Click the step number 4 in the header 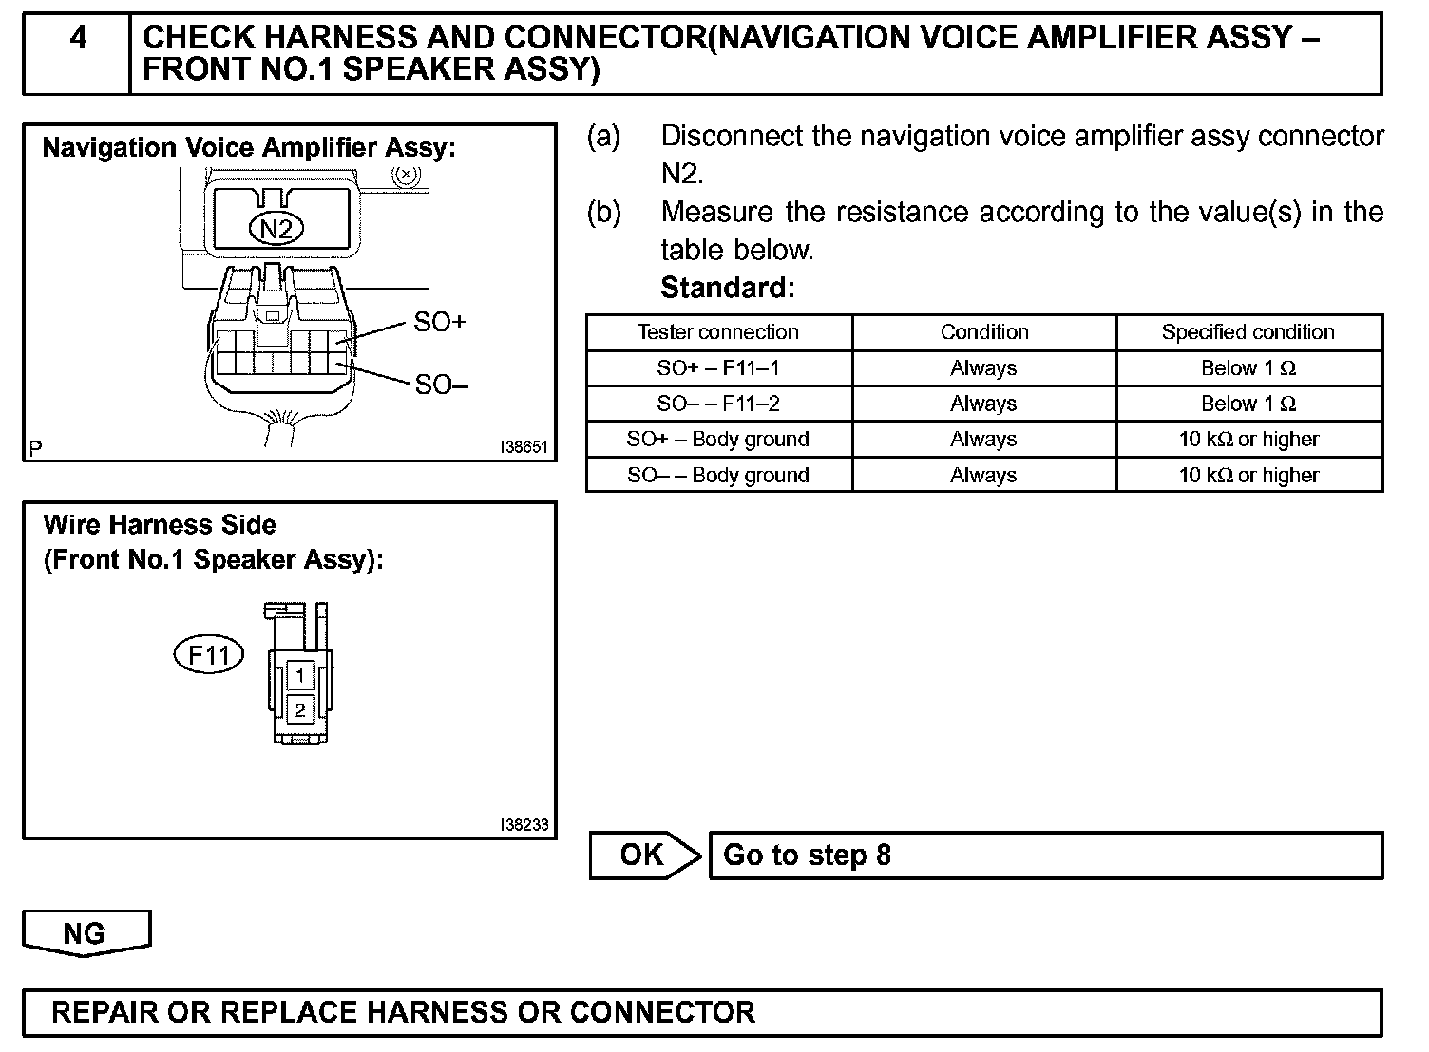(x=78, y=38)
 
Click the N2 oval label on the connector (x=276, y=228)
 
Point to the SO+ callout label (x=440, y=322)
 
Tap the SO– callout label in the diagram (x=441, y=385)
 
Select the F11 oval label (x=209, y=655)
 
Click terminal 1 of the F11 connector (x=300, y=676)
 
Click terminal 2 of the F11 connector (x=300, y=710)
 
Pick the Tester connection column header (x=717, y=332)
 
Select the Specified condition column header (x=1248, y=332)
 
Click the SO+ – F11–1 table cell (x=717, y=368)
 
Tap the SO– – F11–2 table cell (x=717, y=404)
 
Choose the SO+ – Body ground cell (x=717, y=440)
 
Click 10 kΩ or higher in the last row (x=1248, y=475)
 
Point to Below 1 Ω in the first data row (x=1248, y=368)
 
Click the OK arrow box (x=643, y=855)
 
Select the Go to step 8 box (x=1045, y=855)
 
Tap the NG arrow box (x=86, y=933)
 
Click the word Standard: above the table (x=727, y=287)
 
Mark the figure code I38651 (x=524, y=447)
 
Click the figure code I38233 (x=524, y=825)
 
